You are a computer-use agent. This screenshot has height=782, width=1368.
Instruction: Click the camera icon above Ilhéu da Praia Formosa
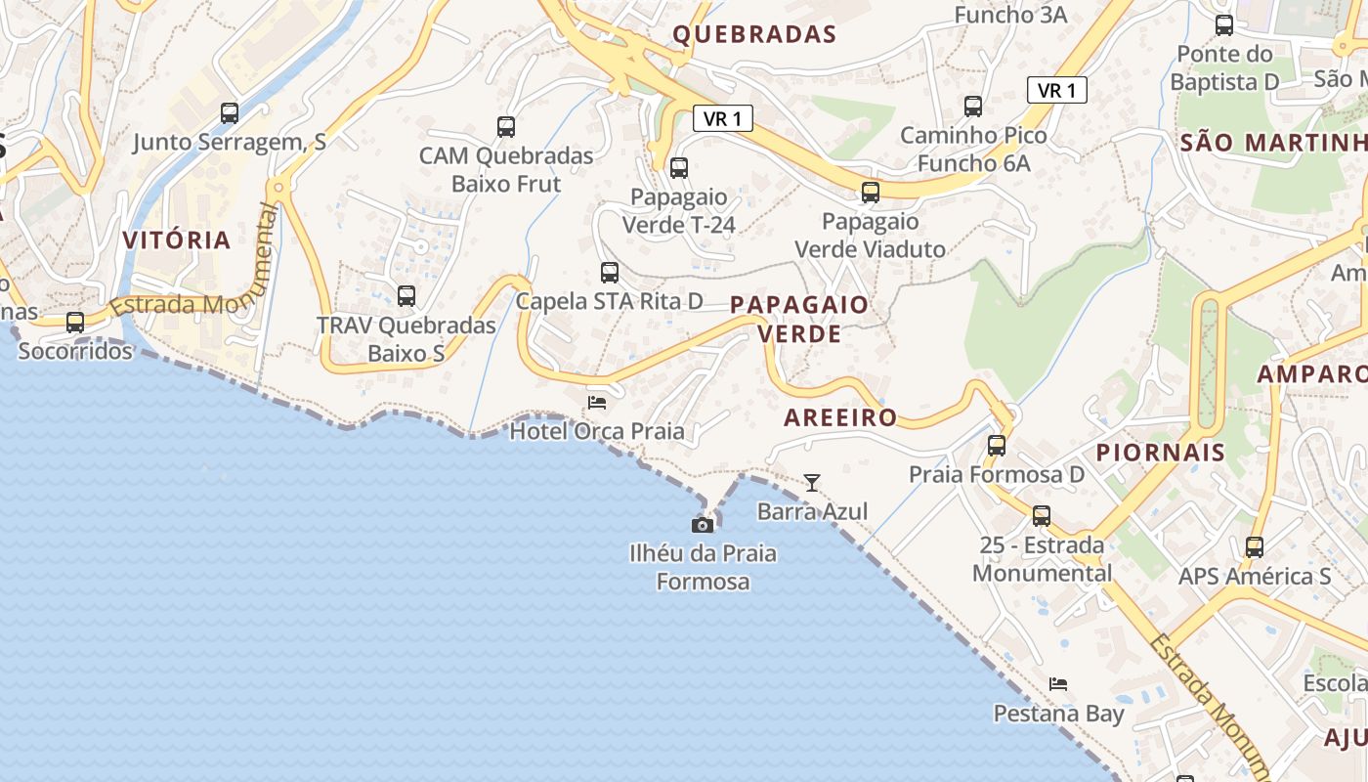(x=702, y=525)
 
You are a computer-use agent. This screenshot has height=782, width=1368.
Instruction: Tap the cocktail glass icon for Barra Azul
(x=811, y=482)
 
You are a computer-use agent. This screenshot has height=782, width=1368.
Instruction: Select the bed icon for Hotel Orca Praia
(x=597, y=402)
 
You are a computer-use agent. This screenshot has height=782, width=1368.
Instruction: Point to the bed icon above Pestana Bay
(x=1057, y=683)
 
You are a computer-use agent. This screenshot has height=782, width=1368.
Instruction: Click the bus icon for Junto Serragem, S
(x=230, y=113)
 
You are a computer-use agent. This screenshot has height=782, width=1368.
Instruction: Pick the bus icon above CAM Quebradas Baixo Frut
(x=505, y=126)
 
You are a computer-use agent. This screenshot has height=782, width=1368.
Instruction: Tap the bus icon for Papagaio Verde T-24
(x=679, y=168)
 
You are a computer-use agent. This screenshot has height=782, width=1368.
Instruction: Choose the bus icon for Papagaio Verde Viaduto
(x=870, y=193)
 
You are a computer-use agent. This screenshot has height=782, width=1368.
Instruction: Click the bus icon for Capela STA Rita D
(x=610, y=273)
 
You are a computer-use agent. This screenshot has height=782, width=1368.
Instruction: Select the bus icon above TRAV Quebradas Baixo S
(x=406, y=295)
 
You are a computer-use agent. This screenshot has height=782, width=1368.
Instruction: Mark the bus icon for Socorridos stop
(x=75, y=322)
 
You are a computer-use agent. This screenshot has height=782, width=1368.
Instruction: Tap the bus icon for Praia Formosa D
(x=997, y=446)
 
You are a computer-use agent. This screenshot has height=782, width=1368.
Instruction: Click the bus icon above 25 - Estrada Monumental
(x=1042, y=515)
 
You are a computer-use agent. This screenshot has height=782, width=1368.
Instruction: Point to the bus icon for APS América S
(x=1255, y=547)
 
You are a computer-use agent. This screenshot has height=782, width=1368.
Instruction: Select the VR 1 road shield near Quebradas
(x=723, y=118)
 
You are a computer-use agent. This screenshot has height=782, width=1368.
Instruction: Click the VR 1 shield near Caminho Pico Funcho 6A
(x=1057, y=91)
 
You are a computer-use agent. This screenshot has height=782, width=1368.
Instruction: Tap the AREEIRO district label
(x=840, y=417)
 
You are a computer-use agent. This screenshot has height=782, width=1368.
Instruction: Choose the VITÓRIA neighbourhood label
(x=177, y=239)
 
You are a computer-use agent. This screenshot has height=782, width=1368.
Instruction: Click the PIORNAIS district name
(x=1160, y=453)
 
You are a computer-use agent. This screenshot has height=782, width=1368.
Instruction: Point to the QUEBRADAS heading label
(x=754, y=35)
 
